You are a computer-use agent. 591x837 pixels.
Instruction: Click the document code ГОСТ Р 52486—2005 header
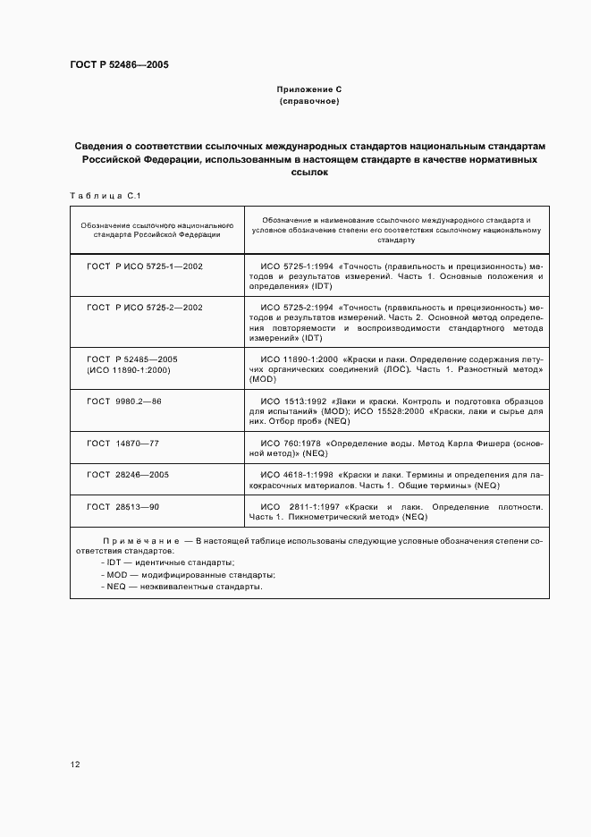119,65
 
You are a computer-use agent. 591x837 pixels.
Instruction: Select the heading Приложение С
309,90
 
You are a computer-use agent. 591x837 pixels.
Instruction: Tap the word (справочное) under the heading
309,102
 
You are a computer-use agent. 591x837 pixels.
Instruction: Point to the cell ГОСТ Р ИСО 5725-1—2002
145,266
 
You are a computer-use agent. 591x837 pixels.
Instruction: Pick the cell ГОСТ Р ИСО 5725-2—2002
145,308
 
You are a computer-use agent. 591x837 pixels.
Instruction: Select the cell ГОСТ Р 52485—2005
132,359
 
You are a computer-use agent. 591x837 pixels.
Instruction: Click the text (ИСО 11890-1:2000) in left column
129,369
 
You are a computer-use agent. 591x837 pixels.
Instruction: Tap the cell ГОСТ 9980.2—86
124,401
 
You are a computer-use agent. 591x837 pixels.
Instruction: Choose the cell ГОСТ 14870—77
122,443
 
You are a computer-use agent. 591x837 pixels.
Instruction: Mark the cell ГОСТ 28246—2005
128,475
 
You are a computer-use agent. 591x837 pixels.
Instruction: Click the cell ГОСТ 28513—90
122,506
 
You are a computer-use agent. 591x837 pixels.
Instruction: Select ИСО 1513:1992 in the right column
292,401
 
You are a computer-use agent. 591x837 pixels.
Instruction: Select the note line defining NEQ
182,586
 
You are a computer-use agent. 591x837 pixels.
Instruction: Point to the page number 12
75,764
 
